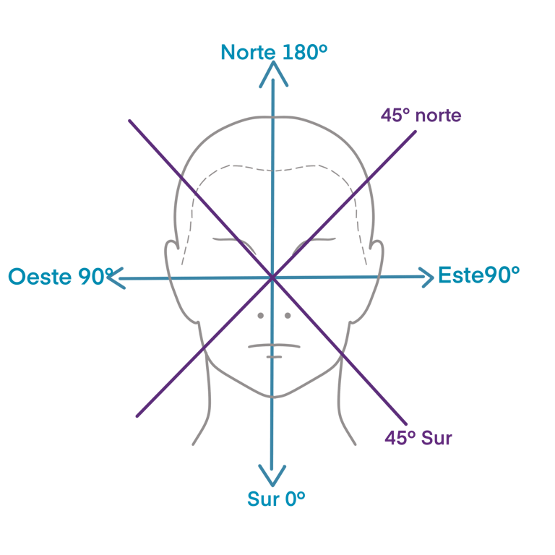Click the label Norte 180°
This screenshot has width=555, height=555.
pyautogui.click(x=274, y=53)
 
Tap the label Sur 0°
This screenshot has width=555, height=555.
pyautogui.click(x=276, y=499)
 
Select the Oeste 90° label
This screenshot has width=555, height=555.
pyautogui.click(x=58, y=277)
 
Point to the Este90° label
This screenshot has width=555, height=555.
pyautogui.click(x=478, y=275)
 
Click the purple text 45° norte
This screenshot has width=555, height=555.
pyautogui.click(x=421, y=116)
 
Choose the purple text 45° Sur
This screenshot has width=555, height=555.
pyautogui.click(x=418, y=438)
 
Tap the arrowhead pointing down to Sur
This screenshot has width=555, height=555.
pyautogui.click(x=272, y=478)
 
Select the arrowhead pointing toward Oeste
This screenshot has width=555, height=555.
pyautogui.click(x=114, y=278)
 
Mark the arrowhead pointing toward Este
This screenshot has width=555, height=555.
pyautogui.click(x=429, y=276)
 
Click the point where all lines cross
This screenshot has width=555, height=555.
pyautogui.click(x=272, y=277)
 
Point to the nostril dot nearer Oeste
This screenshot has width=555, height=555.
pyautogui.click(x=260, y=316)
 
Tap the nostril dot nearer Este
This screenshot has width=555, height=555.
pyautogui.click(x=288, y=316)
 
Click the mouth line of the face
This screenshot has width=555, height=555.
pyautogui.click(x=274, y=345)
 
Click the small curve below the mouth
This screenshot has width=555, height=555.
pyautogui.click(x=274, y=356)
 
